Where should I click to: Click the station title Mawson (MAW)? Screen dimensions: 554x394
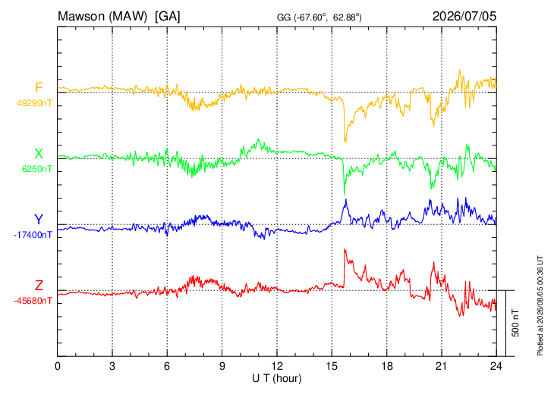coord(102,16)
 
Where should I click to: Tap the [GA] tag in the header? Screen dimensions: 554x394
coord(168,16)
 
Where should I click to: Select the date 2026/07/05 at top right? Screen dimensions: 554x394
coord(464,16)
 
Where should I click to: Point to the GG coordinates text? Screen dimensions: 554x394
coord(319,17)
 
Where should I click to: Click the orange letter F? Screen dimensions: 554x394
coord(39,87)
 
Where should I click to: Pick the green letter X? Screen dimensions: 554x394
coord(39,154)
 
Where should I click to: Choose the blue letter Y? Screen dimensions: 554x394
coord(39,220)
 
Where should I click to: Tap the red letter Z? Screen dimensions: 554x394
coord(39,285)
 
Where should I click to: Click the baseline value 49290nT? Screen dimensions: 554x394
coord(34,103)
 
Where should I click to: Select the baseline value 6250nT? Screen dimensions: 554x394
coord(37,169)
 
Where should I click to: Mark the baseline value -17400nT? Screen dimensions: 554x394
coord(33,235)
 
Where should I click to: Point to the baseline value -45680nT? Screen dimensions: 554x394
coord(33,301)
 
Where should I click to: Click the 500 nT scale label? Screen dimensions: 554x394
coord(515,323)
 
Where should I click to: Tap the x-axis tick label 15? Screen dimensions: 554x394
coord(332,367)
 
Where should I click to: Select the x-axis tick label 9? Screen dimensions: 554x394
coord(222,367)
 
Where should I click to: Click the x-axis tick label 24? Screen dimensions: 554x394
coord(496,367)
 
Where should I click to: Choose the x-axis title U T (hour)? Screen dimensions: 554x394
coord(277,379)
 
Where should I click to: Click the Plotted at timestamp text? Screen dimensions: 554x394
coord(540,305)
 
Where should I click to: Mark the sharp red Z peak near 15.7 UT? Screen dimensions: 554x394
coord(345,250)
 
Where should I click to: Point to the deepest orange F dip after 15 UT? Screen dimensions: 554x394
coord(345,142)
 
